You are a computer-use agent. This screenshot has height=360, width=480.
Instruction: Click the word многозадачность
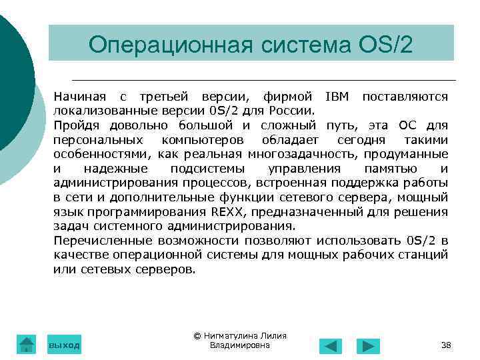[x=301, y=154]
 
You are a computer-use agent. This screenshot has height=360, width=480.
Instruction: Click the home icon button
[x=26, y=344]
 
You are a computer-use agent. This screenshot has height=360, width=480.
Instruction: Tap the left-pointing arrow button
[x=331, y=346]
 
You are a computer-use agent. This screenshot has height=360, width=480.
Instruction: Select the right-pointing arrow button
[x=368, y=346]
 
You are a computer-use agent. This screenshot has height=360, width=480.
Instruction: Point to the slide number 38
[x=446, y=345]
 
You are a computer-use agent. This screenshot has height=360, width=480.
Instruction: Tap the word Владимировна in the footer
[x=239, y=345]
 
